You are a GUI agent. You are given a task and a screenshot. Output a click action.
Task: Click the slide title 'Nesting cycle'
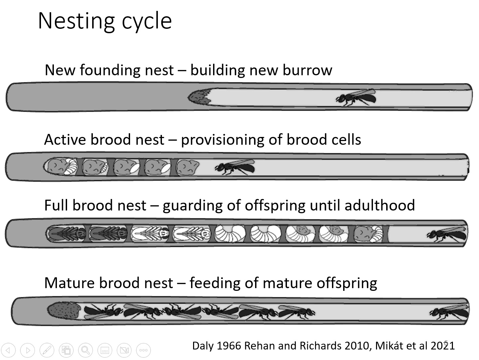pos(105,21)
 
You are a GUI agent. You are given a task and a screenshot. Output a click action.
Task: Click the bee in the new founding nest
pos(356,97)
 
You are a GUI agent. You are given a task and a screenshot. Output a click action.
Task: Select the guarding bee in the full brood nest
pos(446,234)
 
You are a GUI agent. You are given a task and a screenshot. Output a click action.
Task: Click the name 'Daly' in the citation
pos(203,346)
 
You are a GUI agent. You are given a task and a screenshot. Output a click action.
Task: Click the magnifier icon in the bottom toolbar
pos(85,350)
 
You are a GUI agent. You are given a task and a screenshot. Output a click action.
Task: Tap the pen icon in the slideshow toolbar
pos(47,350)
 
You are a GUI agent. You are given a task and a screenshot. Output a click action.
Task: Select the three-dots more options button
pos(143,350)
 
